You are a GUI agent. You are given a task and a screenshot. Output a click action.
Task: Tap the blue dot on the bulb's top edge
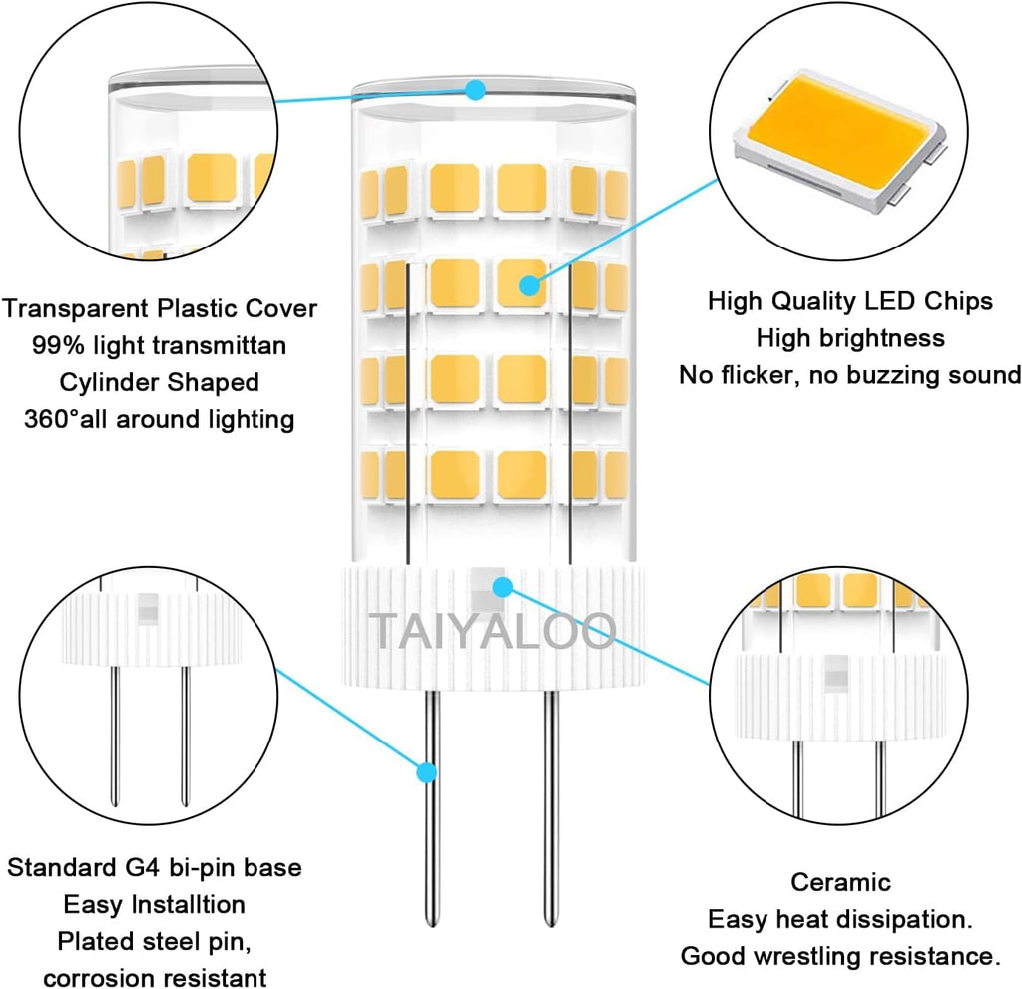point(476,91)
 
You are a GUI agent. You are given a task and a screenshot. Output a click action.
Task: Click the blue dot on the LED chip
point(529,286)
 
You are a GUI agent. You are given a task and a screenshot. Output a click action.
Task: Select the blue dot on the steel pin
point(427,772)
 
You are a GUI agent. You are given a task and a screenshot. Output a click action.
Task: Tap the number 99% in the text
point(58,345)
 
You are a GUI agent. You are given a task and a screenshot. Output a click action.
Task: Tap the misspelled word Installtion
point(183,904)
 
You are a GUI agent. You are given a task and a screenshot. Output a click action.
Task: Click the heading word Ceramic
point(840,882)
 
